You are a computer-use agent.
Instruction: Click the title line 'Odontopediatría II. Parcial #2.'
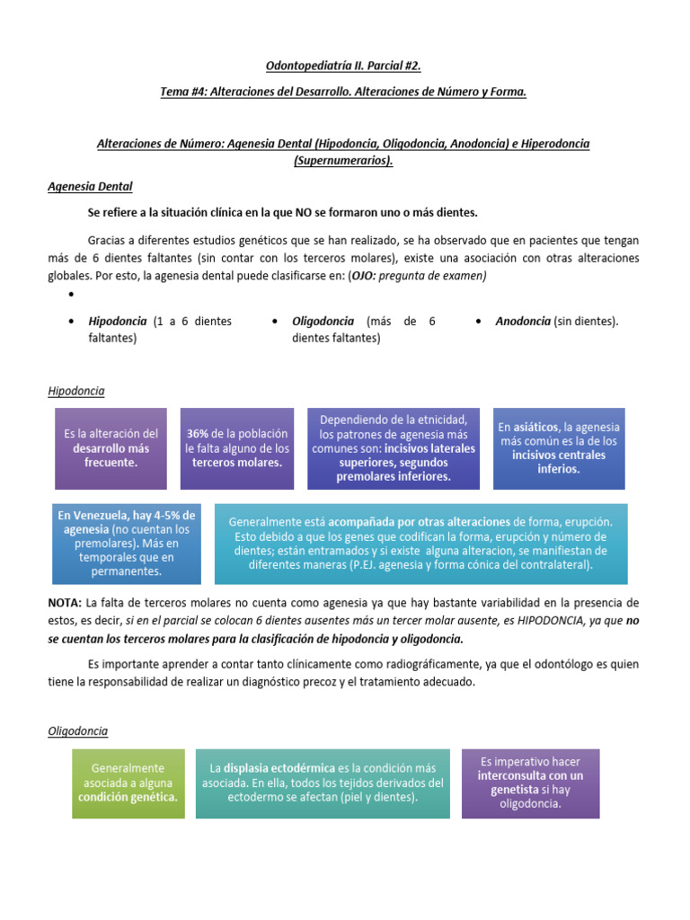point(344,66)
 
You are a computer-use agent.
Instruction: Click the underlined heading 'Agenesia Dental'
point(89,187)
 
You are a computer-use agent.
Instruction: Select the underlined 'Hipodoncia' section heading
point(75,391)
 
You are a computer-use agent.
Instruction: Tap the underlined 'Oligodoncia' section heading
point(77,731)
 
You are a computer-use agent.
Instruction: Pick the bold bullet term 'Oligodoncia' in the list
point(323,321)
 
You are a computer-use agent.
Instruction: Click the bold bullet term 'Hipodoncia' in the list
point(118,321)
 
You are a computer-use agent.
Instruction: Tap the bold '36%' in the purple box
point(198,433)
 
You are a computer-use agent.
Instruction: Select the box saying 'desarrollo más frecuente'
point(111,448)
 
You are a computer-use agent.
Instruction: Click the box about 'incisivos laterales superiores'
point(394,448)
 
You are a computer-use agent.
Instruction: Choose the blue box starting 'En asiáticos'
point(558,447)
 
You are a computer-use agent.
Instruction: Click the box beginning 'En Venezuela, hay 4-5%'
point(125,542)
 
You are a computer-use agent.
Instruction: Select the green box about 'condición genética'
point(128,783)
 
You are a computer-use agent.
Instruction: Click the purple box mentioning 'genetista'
point(530,783)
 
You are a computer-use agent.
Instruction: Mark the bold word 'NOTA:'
point(65,602)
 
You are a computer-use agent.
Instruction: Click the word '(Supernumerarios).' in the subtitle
point(344,160)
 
